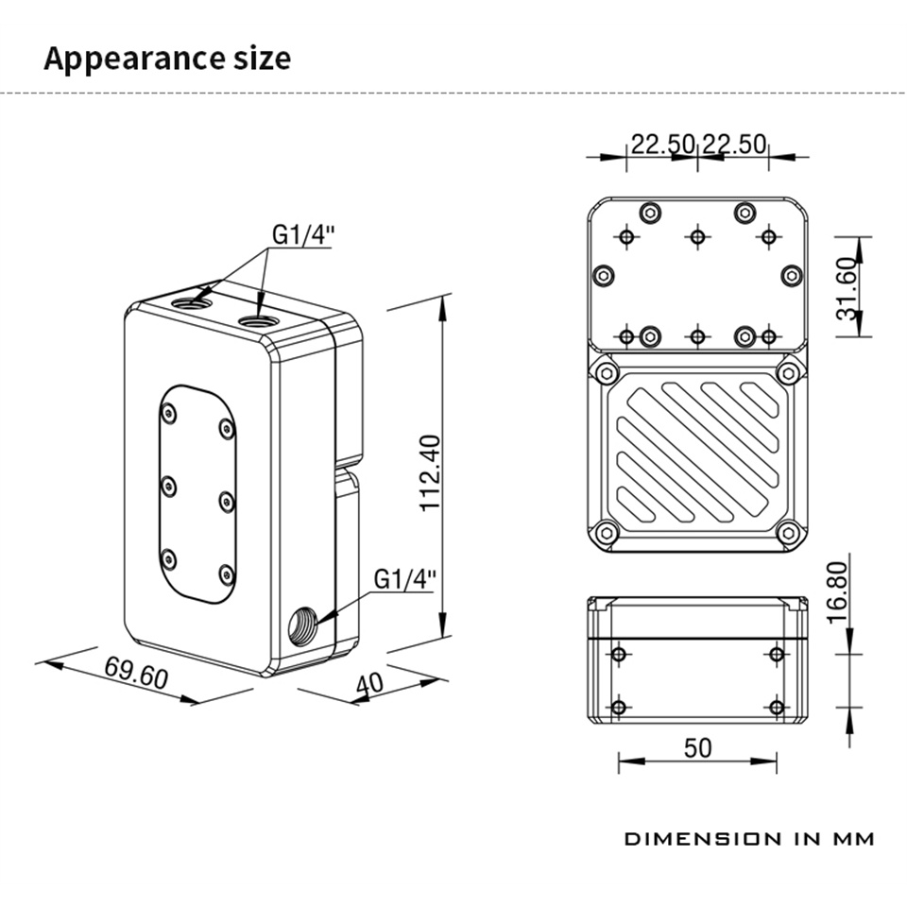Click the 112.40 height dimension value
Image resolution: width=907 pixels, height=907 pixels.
[430, 472]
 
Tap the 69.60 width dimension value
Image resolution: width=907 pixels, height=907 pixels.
[136, 674]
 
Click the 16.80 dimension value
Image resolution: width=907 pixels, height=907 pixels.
[838, 591]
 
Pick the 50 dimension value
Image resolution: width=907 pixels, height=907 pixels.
[696, 747]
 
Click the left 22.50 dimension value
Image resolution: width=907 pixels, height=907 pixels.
[663, 145]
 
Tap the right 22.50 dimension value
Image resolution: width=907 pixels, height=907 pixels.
[734, 145]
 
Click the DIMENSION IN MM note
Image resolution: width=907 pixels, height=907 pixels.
[748, 838]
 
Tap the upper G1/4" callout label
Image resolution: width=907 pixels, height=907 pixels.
[303, 233]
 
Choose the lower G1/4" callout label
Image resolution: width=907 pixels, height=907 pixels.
[405, 578]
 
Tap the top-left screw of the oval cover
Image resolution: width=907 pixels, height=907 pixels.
[169, 412]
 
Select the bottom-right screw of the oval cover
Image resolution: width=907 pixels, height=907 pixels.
[226, 573]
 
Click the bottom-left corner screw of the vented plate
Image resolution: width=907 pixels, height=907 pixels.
[606, 534]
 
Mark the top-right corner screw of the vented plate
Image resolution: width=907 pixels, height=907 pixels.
[789, 372]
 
